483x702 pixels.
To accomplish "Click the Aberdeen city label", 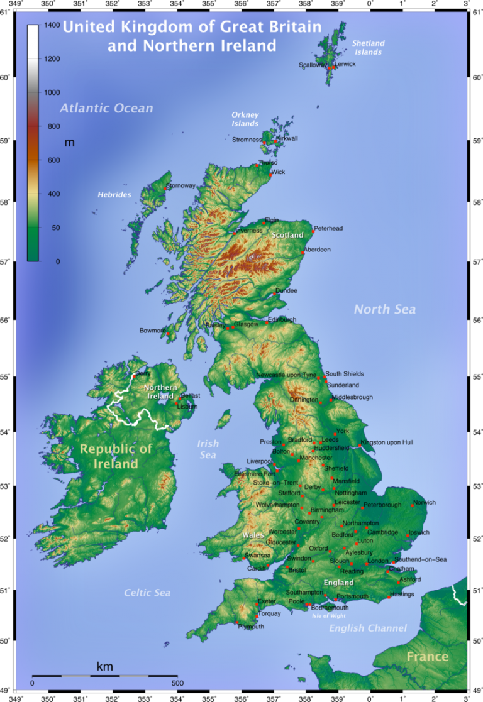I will point(317,250).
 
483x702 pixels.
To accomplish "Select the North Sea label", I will point(384,309).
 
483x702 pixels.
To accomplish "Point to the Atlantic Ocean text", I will point(106,108).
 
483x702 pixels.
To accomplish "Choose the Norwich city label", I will point(425,503).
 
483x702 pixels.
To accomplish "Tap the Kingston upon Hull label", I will point(387,442).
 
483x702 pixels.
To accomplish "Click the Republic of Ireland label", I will point(116,456).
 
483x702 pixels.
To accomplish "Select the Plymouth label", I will point(251,627).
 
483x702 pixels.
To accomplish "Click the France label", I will point(427,657).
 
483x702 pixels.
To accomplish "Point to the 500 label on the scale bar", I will point(177,683).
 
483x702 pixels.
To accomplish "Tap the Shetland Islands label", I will point(368,48).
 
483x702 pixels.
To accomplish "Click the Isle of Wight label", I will point(328,616).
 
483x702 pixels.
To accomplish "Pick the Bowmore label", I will point(153,331).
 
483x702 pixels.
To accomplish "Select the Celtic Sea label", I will point(147,593).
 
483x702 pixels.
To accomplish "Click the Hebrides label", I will point(114,195).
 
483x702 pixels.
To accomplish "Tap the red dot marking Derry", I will point(135,376).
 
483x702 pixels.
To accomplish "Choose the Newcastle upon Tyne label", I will point(286,375).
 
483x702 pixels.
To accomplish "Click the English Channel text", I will point(368,628).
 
